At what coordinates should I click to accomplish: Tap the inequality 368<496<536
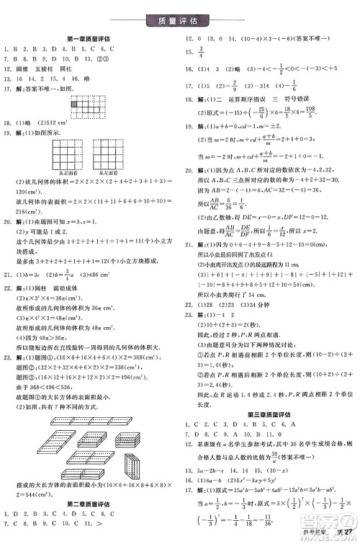pyautogui.click(x=58, y=370)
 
